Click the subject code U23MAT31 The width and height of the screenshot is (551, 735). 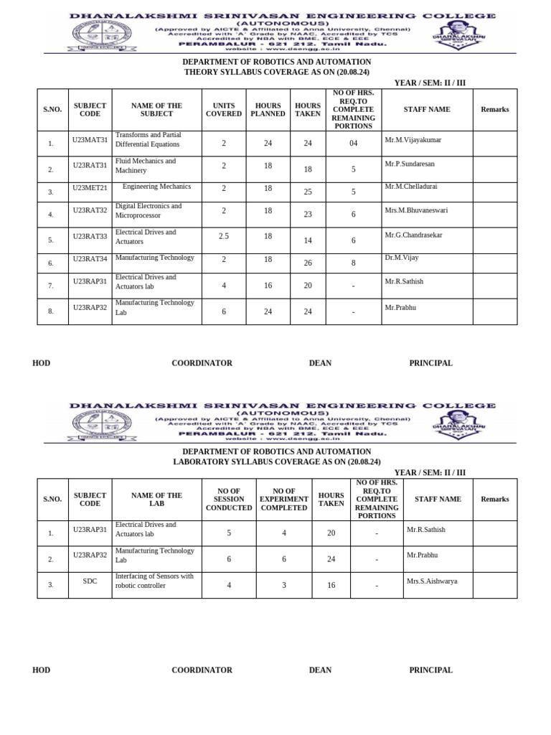(90, 140)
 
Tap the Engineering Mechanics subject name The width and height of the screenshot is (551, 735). (156, 187)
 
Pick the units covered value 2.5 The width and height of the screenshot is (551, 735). (224, 236)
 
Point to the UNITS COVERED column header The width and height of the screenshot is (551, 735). (224, 110)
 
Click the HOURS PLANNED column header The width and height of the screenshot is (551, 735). (268, 110)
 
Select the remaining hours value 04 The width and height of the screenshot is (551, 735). (353, 144)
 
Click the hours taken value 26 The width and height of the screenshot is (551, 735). (308, 263)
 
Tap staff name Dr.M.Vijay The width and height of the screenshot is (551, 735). (402, 258)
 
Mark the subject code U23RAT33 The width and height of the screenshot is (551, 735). (90, 236)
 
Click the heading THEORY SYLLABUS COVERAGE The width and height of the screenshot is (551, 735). (276, 72)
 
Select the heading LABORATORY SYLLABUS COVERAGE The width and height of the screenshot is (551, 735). (276, 462)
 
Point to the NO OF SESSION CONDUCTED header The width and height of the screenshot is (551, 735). (229, 500)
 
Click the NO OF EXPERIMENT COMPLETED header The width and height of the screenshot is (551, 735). (283, 500)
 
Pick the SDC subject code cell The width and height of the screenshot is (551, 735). (90, 581)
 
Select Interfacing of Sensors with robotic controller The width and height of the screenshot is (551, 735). (154, 581)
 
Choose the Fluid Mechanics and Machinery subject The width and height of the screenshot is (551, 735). (146, 166)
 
